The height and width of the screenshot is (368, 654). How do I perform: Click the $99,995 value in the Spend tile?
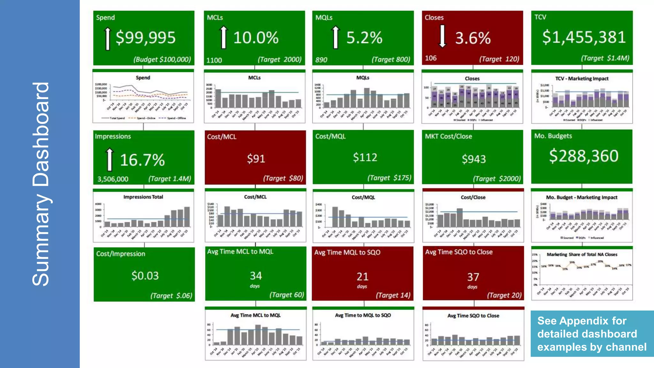(x=145, y=38)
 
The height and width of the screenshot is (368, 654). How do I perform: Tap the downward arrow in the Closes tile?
(x=442, y=36)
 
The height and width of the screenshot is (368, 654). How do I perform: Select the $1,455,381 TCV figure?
(x=584, y=37)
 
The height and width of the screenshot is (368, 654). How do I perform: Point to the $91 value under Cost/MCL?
(x=256, y=158)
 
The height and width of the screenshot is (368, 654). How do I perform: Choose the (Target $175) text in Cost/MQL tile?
(x=389, y=178)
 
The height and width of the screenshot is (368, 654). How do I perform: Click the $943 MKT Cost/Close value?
(x=474, y=159)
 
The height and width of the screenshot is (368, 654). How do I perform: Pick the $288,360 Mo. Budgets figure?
(x=583, y=156)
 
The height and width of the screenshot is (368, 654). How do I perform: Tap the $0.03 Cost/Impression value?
(x=145, y=276)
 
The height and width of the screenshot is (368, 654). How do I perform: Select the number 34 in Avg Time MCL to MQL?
(x=256, y=275)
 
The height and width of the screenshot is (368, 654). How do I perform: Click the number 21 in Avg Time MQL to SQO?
(x=362, y=276)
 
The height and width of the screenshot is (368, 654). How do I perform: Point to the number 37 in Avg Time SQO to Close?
(x=473, y=277)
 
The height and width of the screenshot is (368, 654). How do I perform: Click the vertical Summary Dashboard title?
(x=41, y=184)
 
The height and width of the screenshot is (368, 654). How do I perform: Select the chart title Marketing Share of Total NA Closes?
(x=582, y=254)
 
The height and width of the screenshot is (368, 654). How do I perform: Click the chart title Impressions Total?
(x=143, y=197)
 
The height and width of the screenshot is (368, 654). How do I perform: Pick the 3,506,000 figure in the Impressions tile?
(x=113, y=179)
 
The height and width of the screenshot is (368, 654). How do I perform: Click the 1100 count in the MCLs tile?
(x=214, y=60)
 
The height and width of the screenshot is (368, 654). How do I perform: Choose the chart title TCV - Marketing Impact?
(x=582, y=79)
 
